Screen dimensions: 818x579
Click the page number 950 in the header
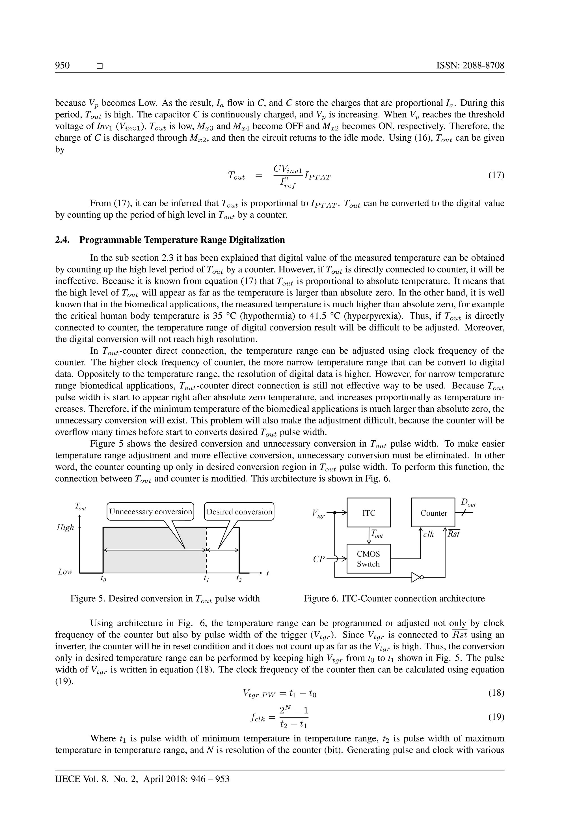click(x=62, y=66)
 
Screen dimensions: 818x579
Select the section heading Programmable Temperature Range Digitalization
click(x=182, y=240)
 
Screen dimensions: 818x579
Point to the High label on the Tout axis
click(x=65, y=528)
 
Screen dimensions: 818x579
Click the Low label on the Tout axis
click(x=65, y=572)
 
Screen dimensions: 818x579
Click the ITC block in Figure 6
click(x=369, y=513)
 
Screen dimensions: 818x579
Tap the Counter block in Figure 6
click(x=433, y=513)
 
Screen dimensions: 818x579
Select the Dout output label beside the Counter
click(x=468, y=503)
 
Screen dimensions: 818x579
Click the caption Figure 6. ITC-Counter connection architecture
click(x=394, y=599)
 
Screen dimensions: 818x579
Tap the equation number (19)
click(x=496, y=717)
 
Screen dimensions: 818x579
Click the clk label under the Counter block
click(x=428, y=534)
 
